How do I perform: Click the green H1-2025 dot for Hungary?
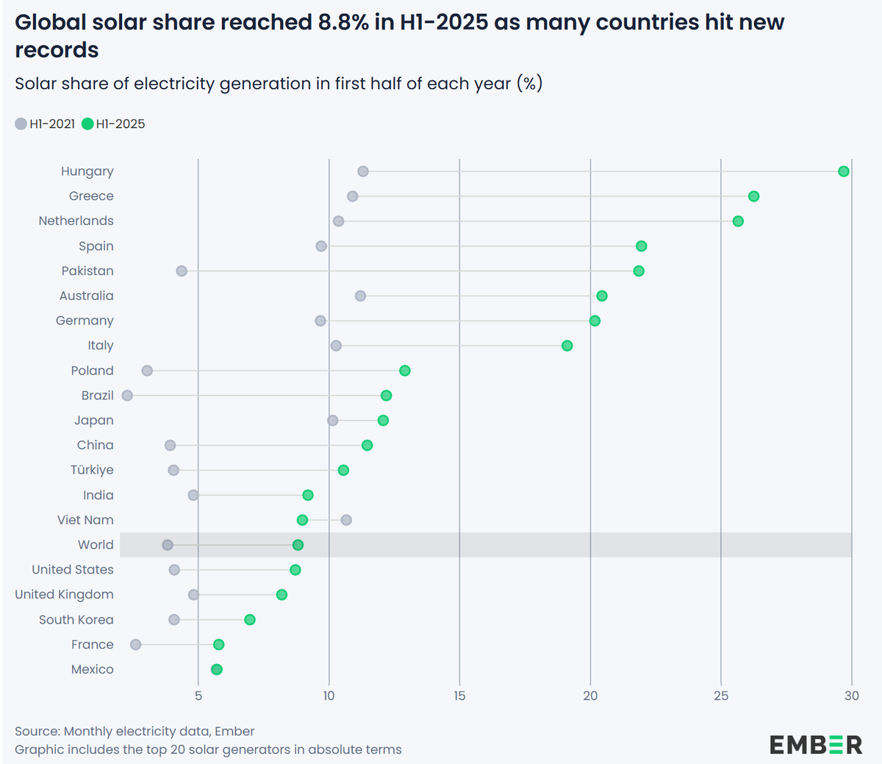(x=844, y=171)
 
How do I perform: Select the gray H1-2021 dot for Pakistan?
(x=182, y=271)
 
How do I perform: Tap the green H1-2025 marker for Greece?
(x=753, y=196)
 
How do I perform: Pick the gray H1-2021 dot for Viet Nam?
(x=346, y=520)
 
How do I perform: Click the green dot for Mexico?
(x=216, y=669)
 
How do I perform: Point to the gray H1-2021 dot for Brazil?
(x=127, y=396)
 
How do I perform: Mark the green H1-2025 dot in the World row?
(x=298, y=545)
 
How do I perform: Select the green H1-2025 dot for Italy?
(x=567, y=346)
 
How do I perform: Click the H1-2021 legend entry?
(x=46, y=124)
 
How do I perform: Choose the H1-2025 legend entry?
(x=114, y=124)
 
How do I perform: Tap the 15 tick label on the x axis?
(x=459, y=696)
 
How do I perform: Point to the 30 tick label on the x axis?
(x=851, y=696)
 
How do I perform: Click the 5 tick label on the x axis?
(x=198, y=696)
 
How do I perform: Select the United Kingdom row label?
(x=64, y=594)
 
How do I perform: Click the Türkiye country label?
(x=92, y=470)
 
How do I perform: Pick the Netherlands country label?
(x=76, y=221)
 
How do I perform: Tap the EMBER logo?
(x=816, y=744)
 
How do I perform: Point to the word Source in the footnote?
(x=37, y=731)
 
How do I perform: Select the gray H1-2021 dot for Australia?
(x=360, y=296)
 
